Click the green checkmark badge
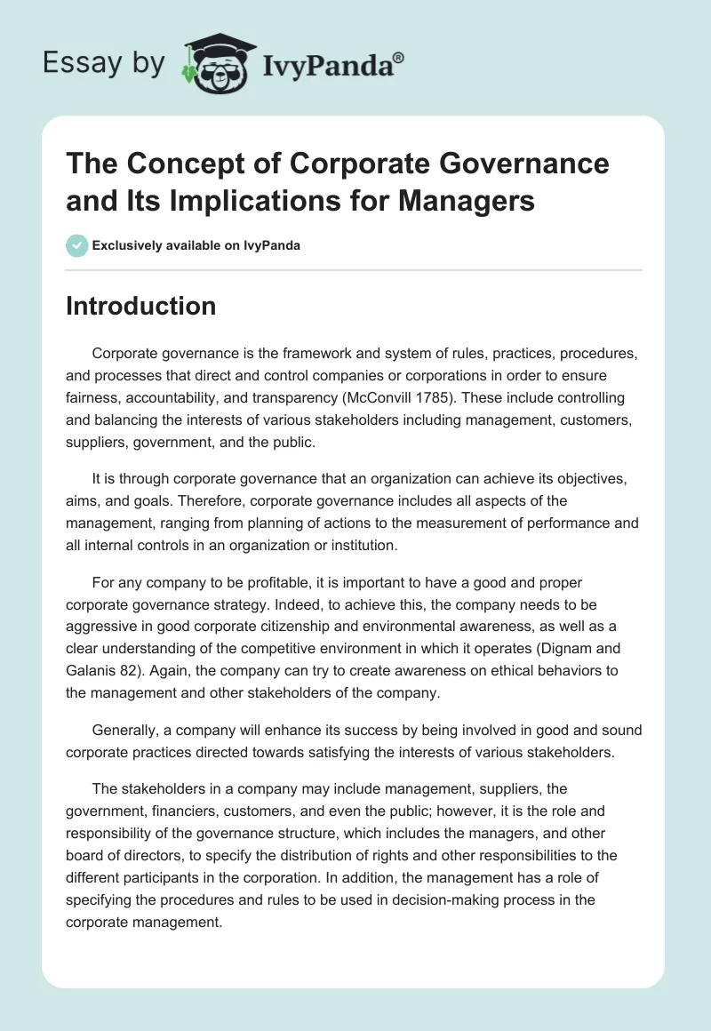tap(77, 245)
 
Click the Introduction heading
tap(141, 306)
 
